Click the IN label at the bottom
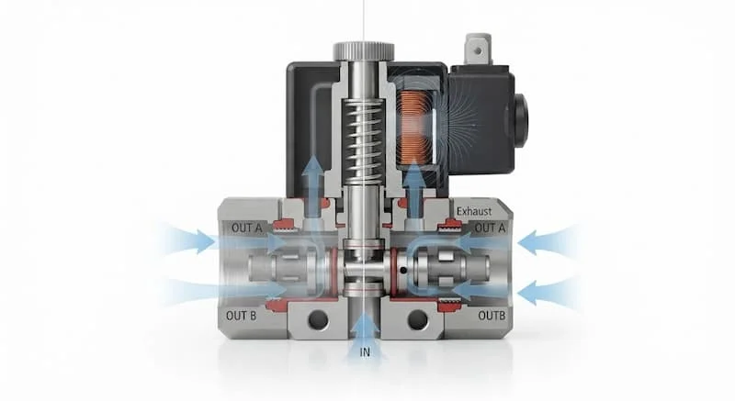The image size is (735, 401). (365, 351)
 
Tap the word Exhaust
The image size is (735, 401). (474, 211)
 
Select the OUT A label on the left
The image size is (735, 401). (246, 228)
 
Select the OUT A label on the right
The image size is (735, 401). (490, 228)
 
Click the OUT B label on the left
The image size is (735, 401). (241, 316)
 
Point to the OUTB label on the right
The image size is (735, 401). (492, 316)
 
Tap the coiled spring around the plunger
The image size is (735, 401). (363, 139)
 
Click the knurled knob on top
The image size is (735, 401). (363, 51)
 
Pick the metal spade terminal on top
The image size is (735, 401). (477, 50)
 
